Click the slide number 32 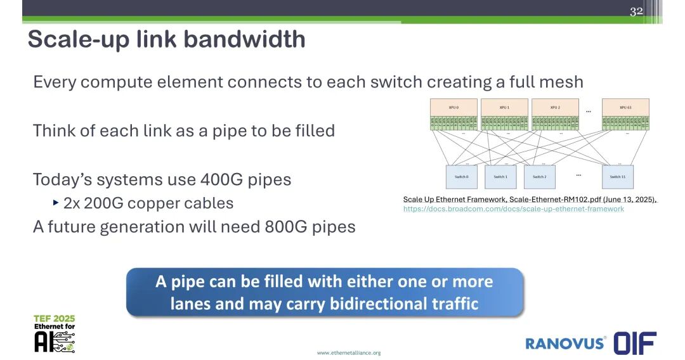tap(636, 11)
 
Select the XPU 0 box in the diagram tap(453, 107)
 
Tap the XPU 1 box tap(504, 107)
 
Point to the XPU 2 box tap(555, 107)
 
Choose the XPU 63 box tap(625, 107)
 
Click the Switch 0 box tap(461, 177)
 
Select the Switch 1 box tap(500, 177)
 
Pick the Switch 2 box tap(539, 177)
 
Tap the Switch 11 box tap(617, 177)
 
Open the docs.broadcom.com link tap(514, 209)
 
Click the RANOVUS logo tap(565, 343)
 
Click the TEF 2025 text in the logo tap(55, 318)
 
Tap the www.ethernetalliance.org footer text tap(349, 352)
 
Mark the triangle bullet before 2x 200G tap(56, 203)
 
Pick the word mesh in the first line tap(561, 82)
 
